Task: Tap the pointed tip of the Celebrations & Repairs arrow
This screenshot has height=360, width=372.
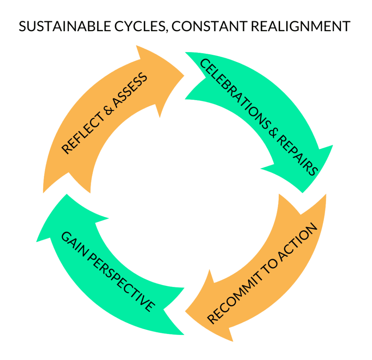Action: (303, 192)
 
